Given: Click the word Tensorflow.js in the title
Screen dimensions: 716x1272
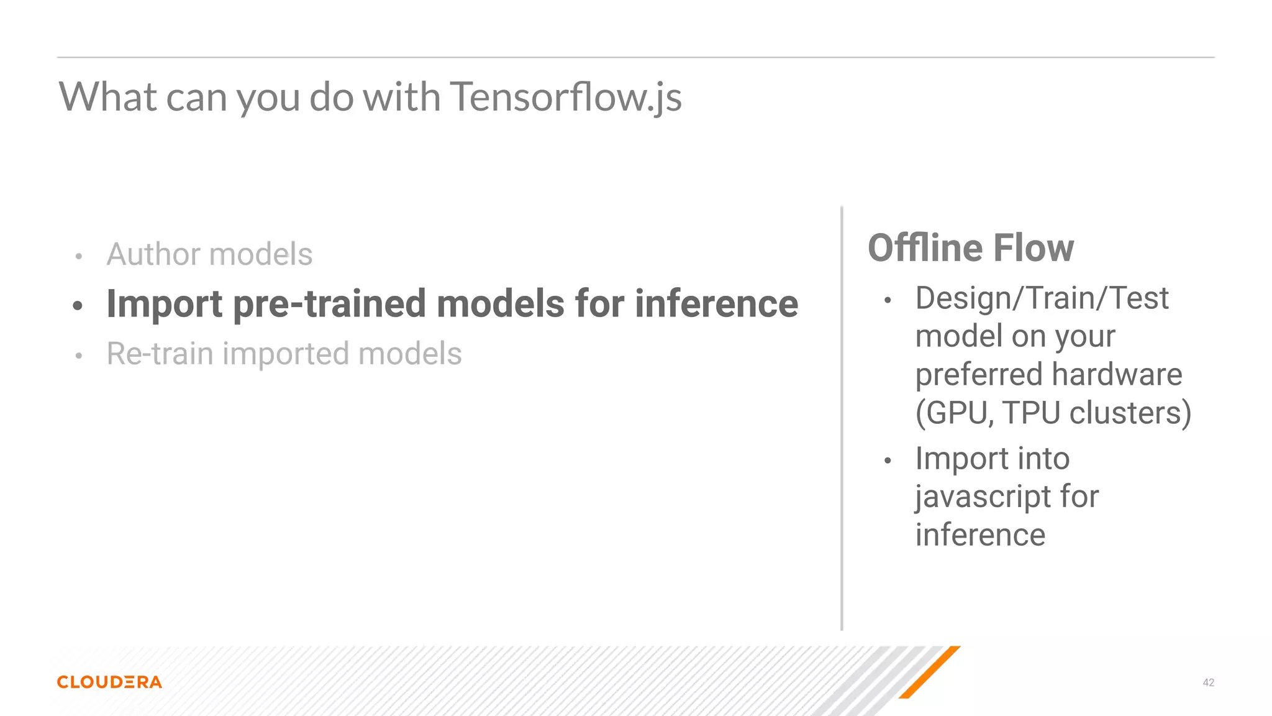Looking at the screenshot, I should [x=565, y=97].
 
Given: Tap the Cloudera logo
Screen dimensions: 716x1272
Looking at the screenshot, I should [x=109, y=682].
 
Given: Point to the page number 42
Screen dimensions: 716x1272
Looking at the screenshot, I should [x=1208, y=682].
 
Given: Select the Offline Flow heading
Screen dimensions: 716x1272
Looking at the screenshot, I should [x=970, y=248].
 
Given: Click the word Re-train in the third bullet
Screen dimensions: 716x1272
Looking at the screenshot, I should [x=160, y=354].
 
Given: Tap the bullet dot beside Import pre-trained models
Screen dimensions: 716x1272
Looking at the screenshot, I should [x=78, y=305].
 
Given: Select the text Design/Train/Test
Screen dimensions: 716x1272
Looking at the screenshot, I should [x=1042, y=298].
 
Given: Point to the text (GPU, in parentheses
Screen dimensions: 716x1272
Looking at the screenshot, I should [x=955, y=413].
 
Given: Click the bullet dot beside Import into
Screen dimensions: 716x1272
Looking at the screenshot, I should [x=888, y=461].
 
